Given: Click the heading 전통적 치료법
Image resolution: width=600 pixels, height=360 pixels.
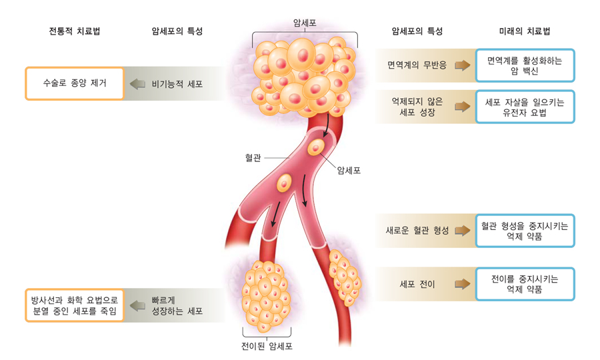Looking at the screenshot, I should coord(75,31).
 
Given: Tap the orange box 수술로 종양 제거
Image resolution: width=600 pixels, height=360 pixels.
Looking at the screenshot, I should coord(75,84).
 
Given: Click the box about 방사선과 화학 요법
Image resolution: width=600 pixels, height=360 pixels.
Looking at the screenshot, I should coord(75,305).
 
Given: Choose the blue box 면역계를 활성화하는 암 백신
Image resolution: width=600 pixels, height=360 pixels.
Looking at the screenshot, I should coord(525,65).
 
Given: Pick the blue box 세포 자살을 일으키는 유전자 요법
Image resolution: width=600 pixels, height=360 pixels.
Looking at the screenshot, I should coord(525,107).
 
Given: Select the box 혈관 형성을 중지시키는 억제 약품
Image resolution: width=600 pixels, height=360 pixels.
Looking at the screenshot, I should coord(525,231).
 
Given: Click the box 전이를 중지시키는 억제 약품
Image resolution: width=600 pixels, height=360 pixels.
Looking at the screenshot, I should coord(525,284).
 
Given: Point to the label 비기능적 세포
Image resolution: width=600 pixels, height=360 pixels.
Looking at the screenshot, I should coord(177,84).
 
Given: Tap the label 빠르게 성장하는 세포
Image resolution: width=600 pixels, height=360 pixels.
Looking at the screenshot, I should coord(176,305).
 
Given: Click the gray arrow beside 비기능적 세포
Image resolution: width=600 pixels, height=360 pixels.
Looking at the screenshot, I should coord(138,84).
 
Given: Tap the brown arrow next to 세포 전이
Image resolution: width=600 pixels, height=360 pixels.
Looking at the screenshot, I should coord(462,284).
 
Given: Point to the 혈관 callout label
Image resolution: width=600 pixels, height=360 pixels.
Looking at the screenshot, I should coord(253,158).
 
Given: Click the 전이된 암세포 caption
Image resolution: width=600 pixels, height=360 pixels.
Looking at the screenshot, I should coord(267,346).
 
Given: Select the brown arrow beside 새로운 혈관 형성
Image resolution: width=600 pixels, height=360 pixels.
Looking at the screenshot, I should coord(462,231).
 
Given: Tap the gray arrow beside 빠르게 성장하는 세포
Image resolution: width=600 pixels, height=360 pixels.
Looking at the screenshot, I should coord(138,305).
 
